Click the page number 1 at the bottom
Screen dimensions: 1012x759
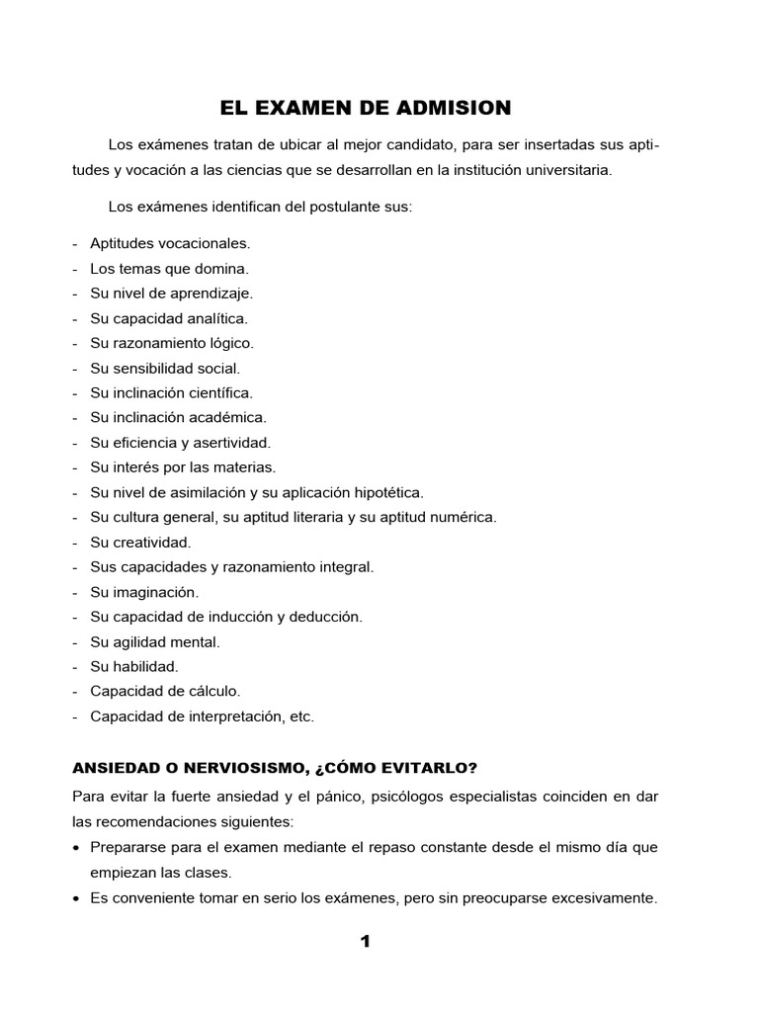[365, 942]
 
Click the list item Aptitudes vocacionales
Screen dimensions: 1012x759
[170, 243]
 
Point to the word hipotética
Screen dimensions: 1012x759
[388, 492]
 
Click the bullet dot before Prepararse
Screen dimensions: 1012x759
[78, 848]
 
